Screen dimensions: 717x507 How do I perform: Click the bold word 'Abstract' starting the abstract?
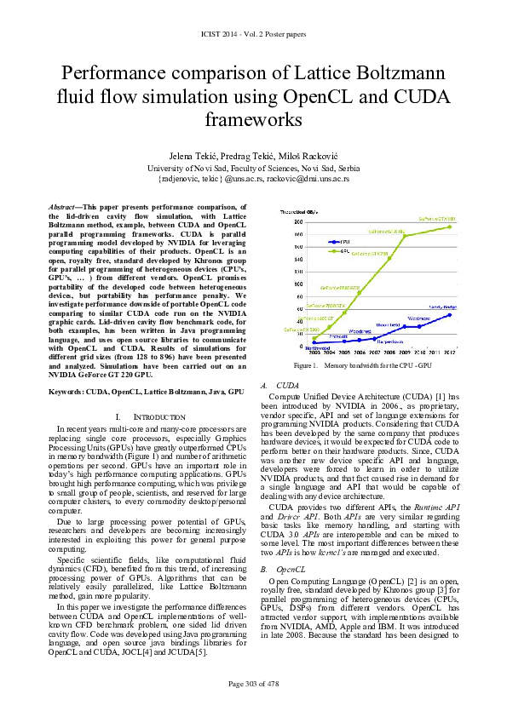(60, 207)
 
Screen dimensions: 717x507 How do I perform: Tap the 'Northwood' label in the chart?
(317, 347)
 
